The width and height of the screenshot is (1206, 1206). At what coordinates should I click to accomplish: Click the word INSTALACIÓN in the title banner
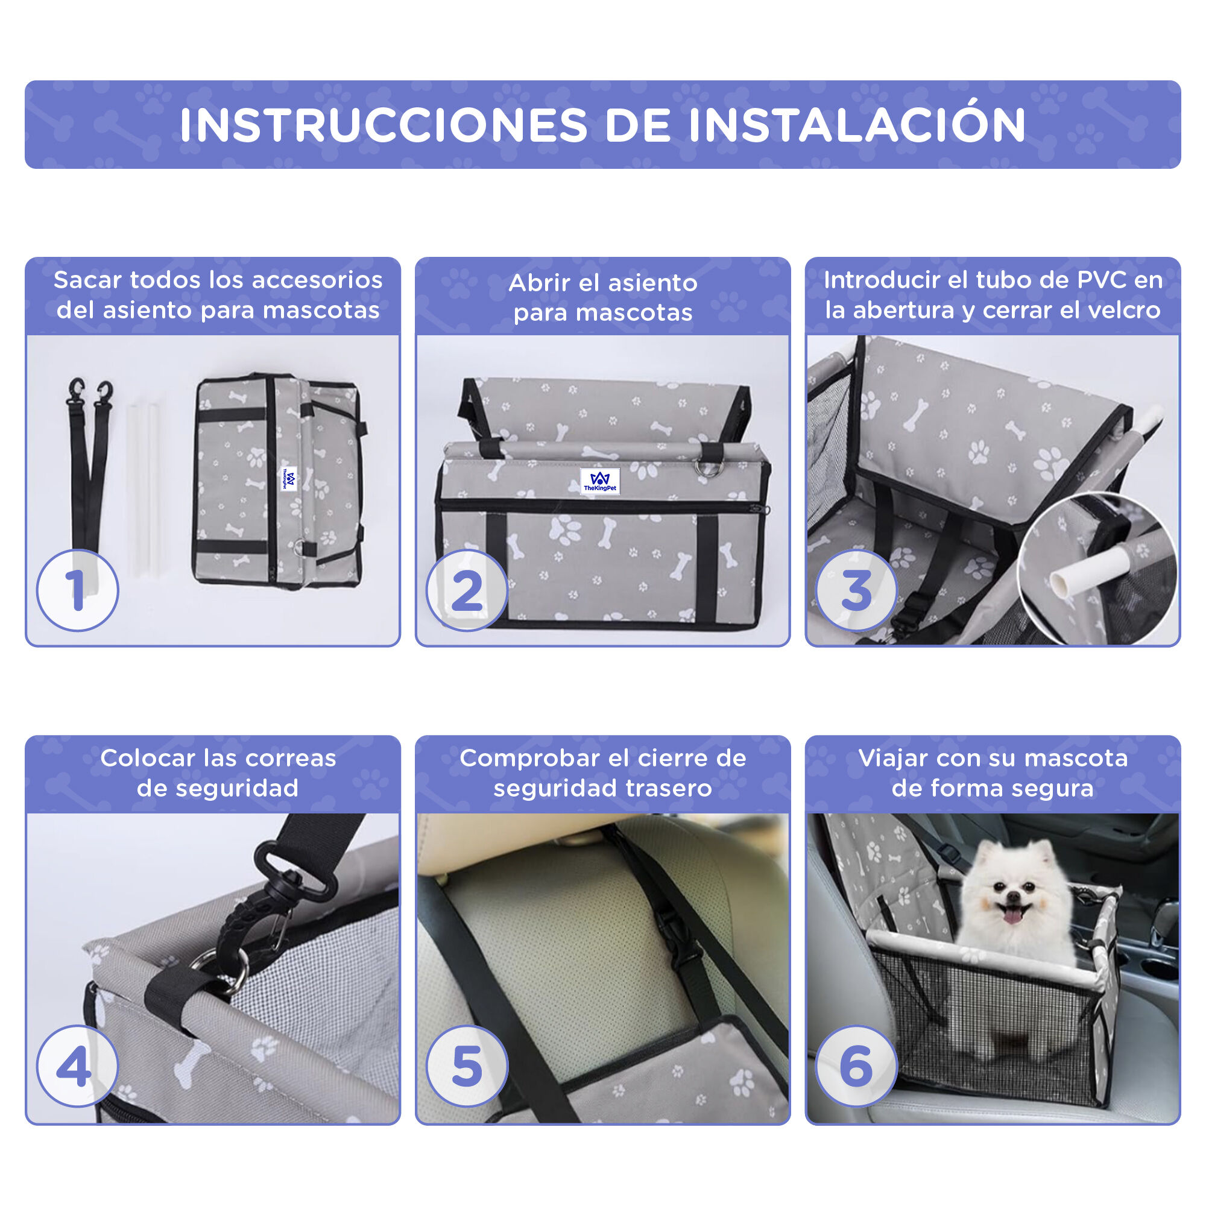(x=857, y=125)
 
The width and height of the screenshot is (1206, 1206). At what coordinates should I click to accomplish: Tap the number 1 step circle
(x=77, y=590)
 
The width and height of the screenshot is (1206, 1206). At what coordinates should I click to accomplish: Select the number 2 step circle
(x=467, y=590)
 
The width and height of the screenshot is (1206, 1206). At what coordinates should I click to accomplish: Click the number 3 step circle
(x=856, y=590)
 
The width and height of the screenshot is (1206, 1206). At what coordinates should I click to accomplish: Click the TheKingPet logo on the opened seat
(x=600, y=481)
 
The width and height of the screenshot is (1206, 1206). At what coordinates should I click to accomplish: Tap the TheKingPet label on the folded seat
(x=289, y=479)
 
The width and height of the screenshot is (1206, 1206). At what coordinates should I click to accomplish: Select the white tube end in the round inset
(x=1063, y=582)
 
